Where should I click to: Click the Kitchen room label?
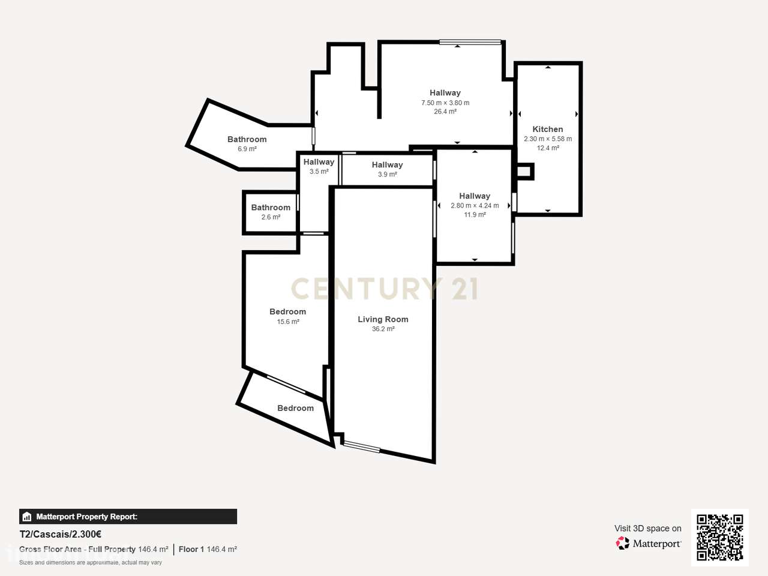(548, 129)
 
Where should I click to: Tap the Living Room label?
(383, 319)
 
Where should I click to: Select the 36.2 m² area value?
(383, 329)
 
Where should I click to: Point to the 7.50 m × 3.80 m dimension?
(445, 103)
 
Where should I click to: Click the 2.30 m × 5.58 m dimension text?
(548, 139)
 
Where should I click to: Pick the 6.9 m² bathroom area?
(247, 149)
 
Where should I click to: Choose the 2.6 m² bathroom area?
(271, 217)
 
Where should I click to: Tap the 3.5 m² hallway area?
(319, 172)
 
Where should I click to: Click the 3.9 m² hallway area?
(387, 175)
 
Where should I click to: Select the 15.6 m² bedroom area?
(288, 322)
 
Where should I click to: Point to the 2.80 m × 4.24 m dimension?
(475, 206)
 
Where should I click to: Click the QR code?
(720, 538)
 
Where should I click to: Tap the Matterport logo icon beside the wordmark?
(622, 543)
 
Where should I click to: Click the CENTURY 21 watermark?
(384, 289)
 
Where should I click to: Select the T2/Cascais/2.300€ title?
(60, 535)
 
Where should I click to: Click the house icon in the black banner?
(26, 517)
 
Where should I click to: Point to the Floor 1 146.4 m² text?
(208, 550)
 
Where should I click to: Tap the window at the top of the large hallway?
(470, 42)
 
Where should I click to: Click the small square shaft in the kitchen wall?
(524, 172)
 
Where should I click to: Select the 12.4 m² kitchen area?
(548, 148)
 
